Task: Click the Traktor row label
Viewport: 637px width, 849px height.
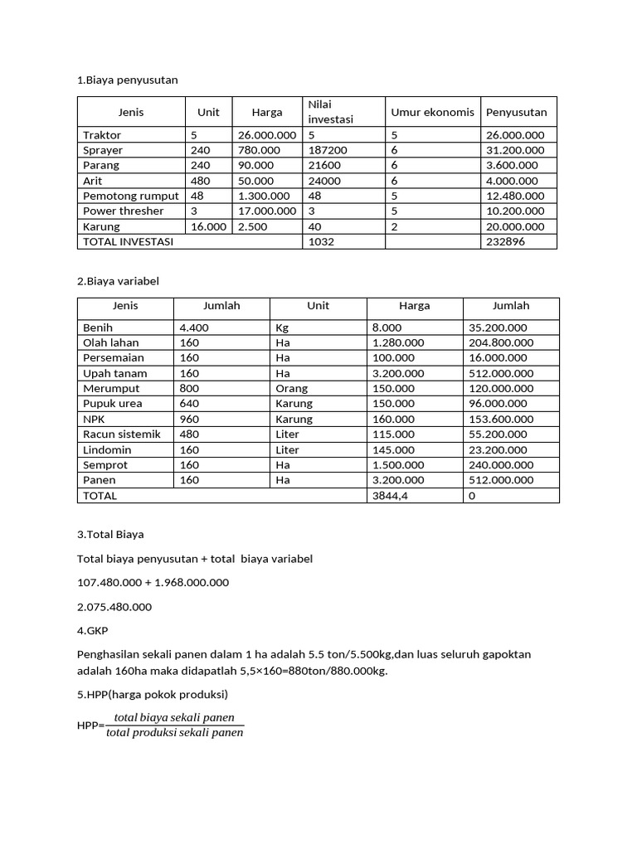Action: (x=102, y=135)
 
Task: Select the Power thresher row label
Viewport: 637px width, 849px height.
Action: (x=124, y=211)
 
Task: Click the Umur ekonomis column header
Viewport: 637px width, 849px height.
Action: (x=432, y=112)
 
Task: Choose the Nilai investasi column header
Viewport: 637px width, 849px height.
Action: (x=331, y=112)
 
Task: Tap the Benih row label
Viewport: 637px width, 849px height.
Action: (x=97, y=327)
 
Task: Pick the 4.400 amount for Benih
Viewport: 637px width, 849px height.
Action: (x=194, y=327)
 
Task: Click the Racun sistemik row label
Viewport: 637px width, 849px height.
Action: (x=122, y=434)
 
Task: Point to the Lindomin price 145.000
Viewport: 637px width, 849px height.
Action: (x=393, y=449)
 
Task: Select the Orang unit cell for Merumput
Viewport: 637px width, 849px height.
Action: (x=291, y=388)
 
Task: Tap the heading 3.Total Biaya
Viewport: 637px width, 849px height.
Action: (x=110, y=535)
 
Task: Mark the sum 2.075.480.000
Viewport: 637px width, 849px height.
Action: (x=114, y=607)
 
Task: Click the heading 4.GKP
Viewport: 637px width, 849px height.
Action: (x=92, y=631)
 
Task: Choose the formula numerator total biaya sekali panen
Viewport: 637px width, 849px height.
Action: (x=175, y=717)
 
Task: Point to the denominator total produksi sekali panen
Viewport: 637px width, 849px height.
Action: (x=175, y=733)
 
